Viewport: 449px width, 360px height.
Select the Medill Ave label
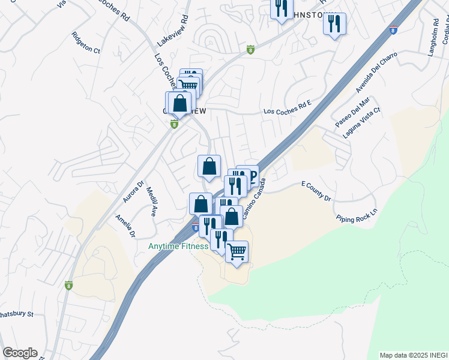point(151,201)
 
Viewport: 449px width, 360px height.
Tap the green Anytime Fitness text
point(178,246)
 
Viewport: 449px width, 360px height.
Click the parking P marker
point(252,176)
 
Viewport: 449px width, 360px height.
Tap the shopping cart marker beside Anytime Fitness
point(237,252)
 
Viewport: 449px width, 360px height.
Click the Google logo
point(20,353)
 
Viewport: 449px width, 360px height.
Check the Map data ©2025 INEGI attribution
point(412,355)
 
